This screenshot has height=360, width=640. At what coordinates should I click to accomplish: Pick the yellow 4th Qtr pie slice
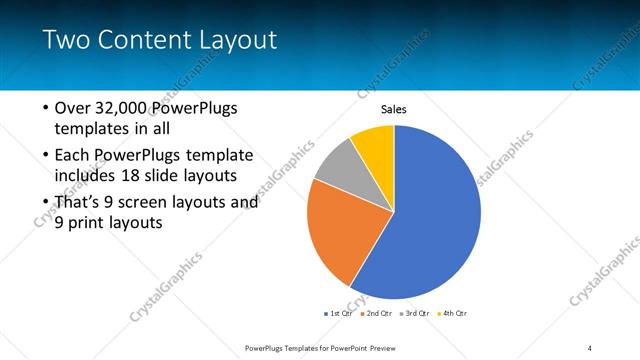point(375,143)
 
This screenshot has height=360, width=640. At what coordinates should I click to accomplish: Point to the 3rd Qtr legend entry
point(414,314)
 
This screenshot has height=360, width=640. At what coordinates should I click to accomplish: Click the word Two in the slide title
point(66,40)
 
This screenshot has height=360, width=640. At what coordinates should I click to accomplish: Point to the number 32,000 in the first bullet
point(122,108)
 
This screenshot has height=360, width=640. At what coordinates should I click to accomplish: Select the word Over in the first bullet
point(74,108)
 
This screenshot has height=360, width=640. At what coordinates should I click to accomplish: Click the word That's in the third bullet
point(80,202)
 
